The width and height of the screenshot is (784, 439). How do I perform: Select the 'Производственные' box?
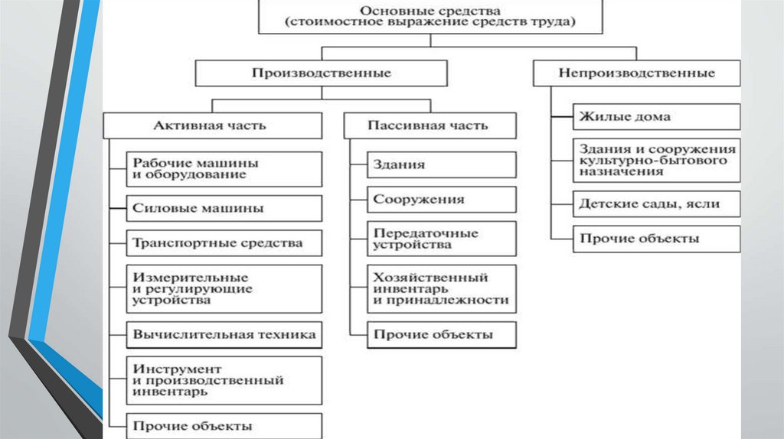coord(321,73)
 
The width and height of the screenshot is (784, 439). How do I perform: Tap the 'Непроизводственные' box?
coord(636,73)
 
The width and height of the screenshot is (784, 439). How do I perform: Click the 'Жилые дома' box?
coord(656,117)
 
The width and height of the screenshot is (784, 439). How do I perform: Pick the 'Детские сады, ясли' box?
coord(656,204)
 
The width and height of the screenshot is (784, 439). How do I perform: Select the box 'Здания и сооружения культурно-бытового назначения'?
coord(656,161)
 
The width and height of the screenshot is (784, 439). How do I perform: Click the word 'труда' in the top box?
coord(555,23)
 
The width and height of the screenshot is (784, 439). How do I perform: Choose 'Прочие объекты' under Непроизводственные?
coord(656,239)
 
